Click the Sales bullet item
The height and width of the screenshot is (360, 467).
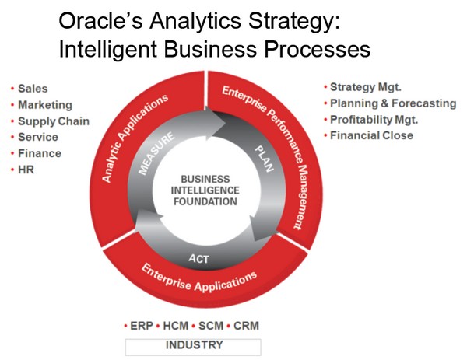pyautogui.click(x=32, y=88)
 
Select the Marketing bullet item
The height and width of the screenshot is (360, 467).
pyautogui.click(x=44, y=104)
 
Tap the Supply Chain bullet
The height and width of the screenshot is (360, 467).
pyautogui.click(x=53, y=121)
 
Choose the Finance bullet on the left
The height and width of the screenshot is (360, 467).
pyautogui.click(x=39, y=153)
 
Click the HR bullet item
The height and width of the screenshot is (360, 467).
pyautogui.click(x=27, y=169)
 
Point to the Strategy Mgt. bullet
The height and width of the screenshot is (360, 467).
pyautogui.click(x=365, y=87)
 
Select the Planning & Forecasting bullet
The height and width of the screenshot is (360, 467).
pyautogui.click(x=392, y=103)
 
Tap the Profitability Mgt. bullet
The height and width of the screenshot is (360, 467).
pyautogui.click(x=374, y=120)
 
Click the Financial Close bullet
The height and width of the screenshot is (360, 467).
pyautogui.click(x=371, y=136)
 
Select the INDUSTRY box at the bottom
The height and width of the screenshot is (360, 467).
pyautogui.click(x=193, y=345)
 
